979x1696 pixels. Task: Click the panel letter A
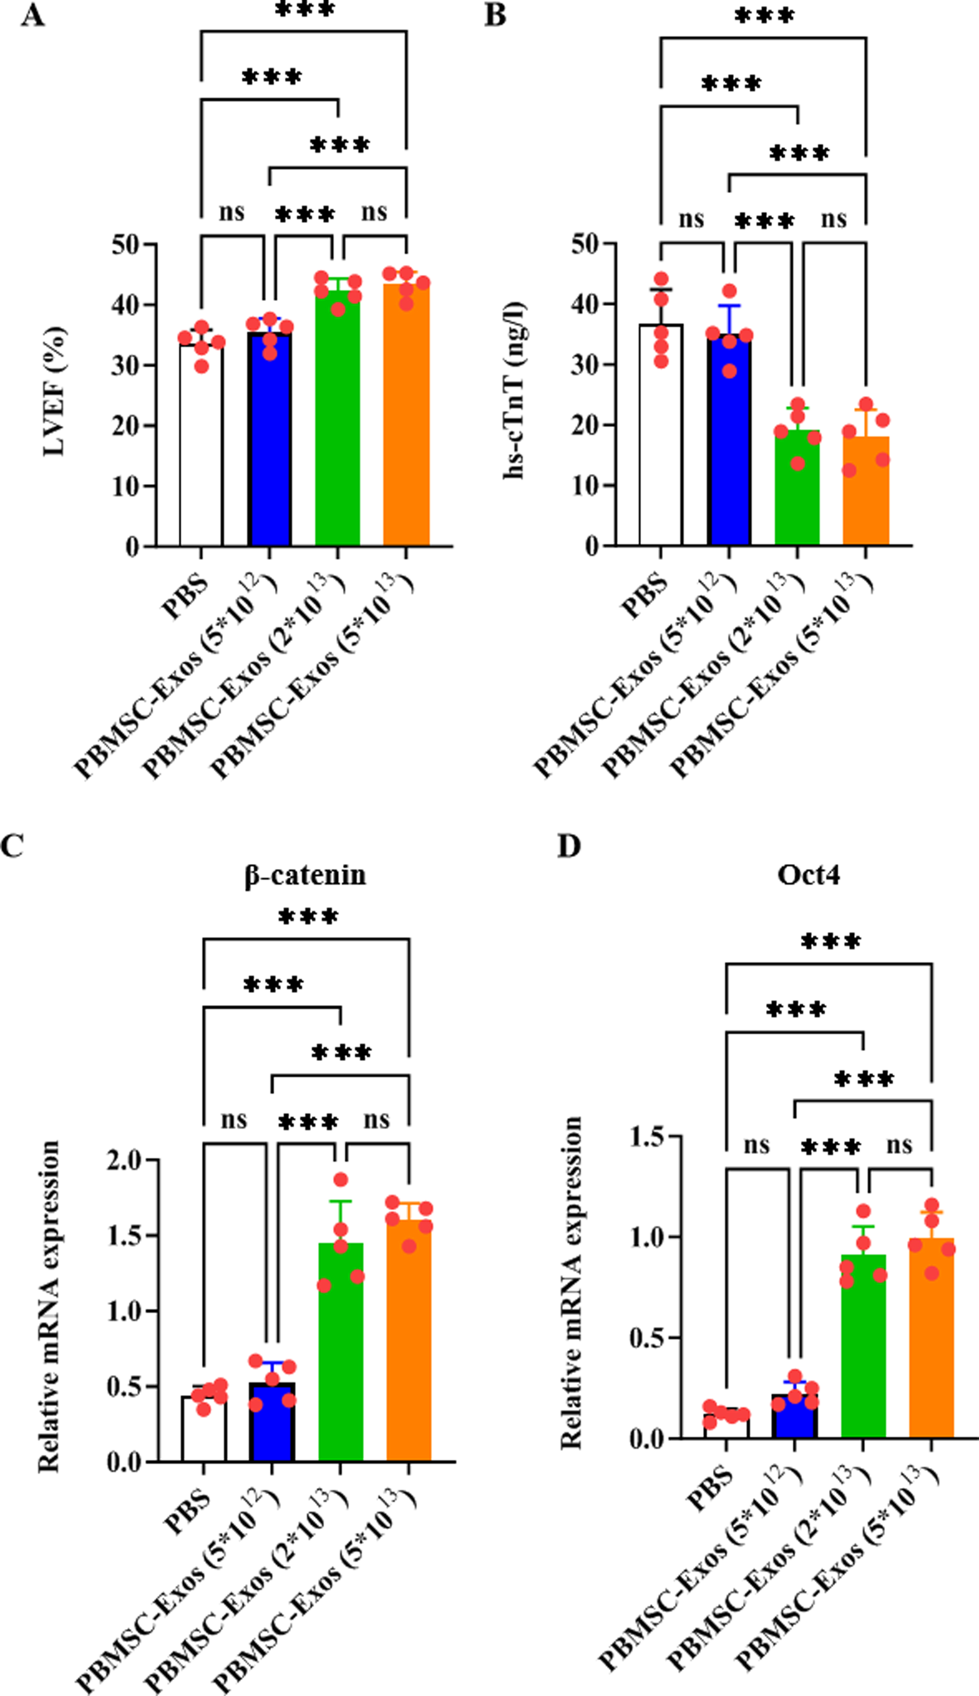click(32, 15)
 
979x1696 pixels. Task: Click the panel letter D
click(569, 846)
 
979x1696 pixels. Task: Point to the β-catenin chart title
click(306, 875)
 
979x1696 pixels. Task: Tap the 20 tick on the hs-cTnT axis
click(586, 425)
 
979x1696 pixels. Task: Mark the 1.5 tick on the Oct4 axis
click(647, 1136)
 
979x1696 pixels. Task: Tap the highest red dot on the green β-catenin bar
click(341, 1180)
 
